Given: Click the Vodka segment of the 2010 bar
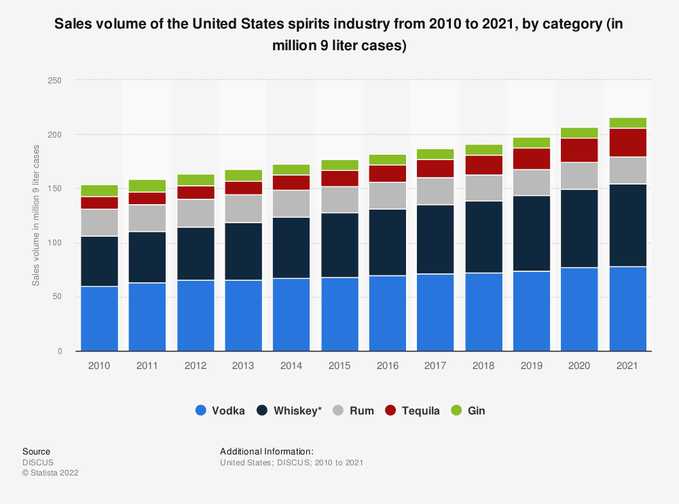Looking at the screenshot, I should pyautogui.click(x=99, y=318).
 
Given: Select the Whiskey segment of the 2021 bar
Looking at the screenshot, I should pyautogui.click(x=627, y=225).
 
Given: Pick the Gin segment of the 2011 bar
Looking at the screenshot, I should pyautogui.click(x=147, y=186).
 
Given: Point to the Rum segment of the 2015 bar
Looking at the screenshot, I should pyautogui.click(x=339, y=199).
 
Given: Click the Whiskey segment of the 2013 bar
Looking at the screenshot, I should pyautogui.click(x=243, y=251).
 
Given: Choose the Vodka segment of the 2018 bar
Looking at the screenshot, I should pyautogui.click(x=483, y=311).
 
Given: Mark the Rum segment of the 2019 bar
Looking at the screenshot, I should pyautogui.click(x=532, y=182).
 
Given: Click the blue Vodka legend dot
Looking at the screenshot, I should pyautogui.click(x=200, y=410).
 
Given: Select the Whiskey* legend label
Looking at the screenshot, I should pyautogui.click(x=297, y=410).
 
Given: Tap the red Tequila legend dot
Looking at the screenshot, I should pyautogui.click(x=390, y=410).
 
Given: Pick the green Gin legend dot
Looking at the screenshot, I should pyautogui.click(x=456, y=410).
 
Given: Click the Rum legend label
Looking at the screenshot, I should pyautogui.click(x=361, y=410).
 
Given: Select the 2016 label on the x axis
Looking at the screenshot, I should pyautogui.click(x=388, y=366).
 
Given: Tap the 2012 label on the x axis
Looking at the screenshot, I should pyautogui.click(x=195, y=366).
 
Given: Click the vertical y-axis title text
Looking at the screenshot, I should pyautogui.click(x=36, y=216).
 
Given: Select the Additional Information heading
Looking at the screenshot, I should pyautogui.click(x=266, y=451).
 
